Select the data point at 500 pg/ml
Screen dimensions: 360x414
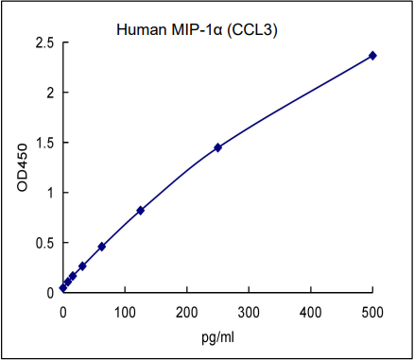click(372, 56)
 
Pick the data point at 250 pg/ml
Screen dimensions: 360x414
click(217, 147)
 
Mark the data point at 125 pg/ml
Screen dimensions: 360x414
click(140, 210)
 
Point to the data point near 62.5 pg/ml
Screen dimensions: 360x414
click(101, 247)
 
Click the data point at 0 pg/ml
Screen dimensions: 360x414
click(63, 287)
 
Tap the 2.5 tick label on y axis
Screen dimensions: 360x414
click(43, 43)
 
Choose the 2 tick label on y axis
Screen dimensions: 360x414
click(49, 94)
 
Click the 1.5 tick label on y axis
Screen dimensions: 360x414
click(43, 144)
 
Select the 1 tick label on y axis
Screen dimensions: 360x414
click(49, 193)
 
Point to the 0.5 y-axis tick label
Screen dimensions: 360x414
click(43, 243)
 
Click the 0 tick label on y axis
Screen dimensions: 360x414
click(49, 293)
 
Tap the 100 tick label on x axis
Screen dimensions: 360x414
click(125, 311)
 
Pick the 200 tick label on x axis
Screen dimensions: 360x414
click(187, 311)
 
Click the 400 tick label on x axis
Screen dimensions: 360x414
click(311, 311)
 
